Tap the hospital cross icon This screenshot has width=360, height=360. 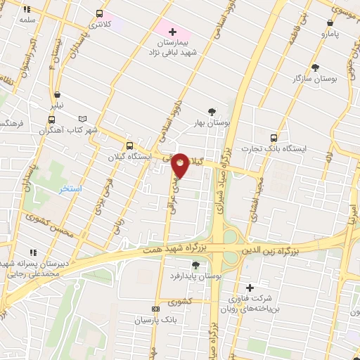click(x=173, y=32)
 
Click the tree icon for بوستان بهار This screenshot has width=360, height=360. click(x=212, y=111)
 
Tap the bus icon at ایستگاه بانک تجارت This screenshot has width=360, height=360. click(x=274, y=138)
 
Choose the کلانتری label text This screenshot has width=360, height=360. click(x=99, y=25)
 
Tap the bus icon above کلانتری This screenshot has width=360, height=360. click(x=99, y=13)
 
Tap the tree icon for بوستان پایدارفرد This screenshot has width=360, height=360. click(x=195, y=265)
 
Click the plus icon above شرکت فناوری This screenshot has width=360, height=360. click(x=250, y=288)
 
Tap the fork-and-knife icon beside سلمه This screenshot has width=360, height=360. click(x=27, y=10)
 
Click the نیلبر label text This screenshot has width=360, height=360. click(x=56, y=105)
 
